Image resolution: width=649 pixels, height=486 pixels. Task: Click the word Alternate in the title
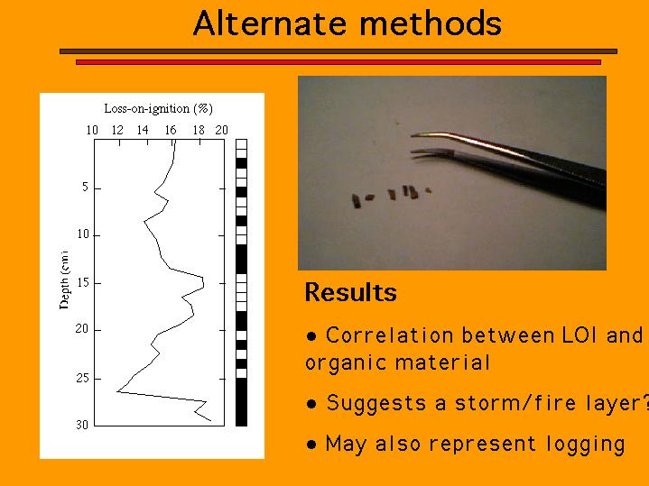click(x=270, y=23)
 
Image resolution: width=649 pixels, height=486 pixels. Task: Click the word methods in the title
click(x=431, y=23)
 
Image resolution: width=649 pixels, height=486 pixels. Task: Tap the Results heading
click(x=350, y=292)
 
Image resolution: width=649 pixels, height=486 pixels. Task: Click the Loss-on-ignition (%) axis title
click(x=159, y=109)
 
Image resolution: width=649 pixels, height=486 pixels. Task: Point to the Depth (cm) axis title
click(x=64, y=280)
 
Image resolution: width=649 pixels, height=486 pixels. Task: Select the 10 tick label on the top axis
click(x=92, y=130)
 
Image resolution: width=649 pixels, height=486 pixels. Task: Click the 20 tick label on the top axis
click(x=221, y=130)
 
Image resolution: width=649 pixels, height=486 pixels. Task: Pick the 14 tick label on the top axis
click(x=143, y=130)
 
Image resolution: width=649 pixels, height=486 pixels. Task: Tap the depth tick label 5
click(x=85, y=187)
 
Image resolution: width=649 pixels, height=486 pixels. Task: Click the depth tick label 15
click(x=83, y=282)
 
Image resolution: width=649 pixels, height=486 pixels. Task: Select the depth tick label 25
click(x=83, y=378)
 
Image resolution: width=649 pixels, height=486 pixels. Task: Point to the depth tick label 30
click(x=82, y=425)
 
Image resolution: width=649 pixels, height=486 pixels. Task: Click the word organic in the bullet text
click(x=346, y=363)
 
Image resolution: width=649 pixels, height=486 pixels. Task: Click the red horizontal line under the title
click(x=338, y=62)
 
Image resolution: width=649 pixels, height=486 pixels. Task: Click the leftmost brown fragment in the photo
click(x=356, y=200)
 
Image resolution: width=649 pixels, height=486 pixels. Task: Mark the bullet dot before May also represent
click(x=311, y=445)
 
